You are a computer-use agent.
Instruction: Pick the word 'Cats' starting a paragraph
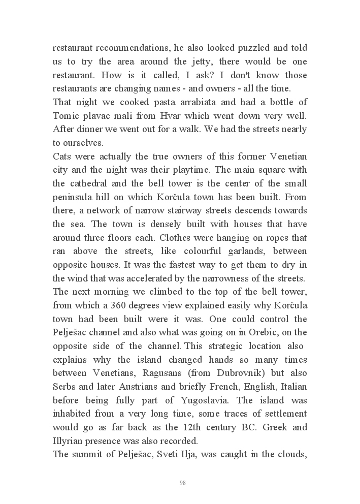click(63, 156)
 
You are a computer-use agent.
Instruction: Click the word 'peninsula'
click(74, 197)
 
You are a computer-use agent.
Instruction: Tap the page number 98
click(183, 483)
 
